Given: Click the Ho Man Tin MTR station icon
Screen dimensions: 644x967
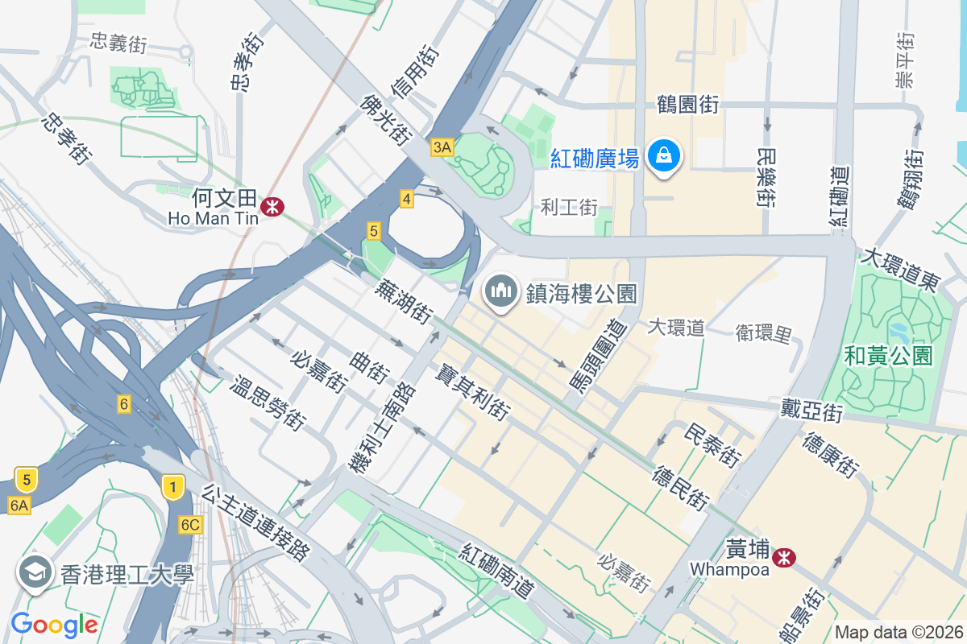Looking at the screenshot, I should coord(272,207).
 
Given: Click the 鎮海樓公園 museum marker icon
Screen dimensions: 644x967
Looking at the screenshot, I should coord(500,291).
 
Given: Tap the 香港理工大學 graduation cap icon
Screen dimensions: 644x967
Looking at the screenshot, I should coord(35,574).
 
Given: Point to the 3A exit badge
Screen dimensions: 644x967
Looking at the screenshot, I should coord(442,147).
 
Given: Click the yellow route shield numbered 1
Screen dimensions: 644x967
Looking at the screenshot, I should coord(172,487).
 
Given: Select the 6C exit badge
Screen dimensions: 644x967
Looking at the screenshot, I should coord(190,525).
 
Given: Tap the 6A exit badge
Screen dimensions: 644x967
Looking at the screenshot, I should coord(19,505).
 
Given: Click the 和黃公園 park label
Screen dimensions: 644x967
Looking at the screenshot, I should coord(889,355).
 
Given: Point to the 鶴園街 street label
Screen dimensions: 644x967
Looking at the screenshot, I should coord(687,104).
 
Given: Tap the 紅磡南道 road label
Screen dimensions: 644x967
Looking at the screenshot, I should coord(498,571).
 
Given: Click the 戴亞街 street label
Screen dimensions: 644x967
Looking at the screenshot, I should coord(811,411).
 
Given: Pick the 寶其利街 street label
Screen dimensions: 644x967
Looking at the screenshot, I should coord(472,392).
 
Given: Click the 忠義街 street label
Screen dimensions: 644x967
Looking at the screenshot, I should coord(118,43).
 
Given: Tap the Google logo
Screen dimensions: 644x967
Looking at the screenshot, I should coord(54,624).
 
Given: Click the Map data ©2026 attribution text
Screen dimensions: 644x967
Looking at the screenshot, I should coord(898,633).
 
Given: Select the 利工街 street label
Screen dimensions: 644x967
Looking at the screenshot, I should coord(569,208).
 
